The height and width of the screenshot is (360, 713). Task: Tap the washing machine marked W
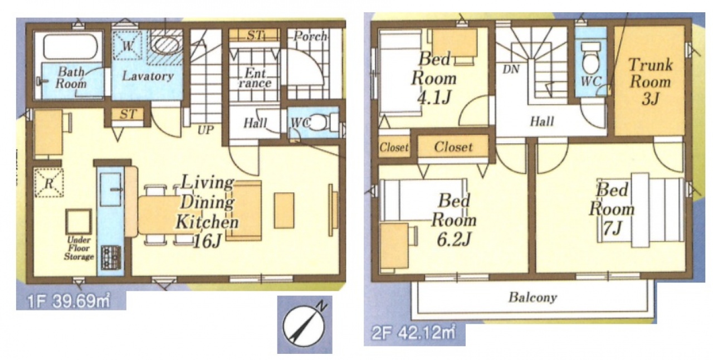click(128, 46)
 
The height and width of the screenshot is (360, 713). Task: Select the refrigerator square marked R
click(48, 183)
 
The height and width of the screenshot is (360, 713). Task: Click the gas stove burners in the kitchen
click(111, 257)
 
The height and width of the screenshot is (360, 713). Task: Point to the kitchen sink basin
click(110, 190)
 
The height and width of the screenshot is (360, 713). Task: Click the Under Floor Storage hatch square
click(79, 222)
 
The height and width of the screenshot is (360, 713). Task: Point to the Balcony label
click(533, 297)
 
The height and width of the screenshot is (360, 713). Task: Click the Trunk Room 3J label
click(651, 82)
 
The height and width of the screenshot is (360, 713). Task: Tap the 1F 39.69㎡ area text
click(69, 301)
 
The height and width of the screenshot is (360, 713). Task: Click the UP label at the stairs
click(206, 130)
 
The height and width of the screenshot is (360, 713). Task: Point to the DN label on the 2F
click(511, 69)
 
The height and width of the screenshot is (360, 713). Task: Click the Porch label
click(310, 37)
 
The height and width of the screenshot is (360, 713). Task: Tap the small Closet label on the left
click(394, 147)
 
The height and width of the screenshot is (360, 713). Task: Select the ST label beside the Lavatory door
click(128, 114)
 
